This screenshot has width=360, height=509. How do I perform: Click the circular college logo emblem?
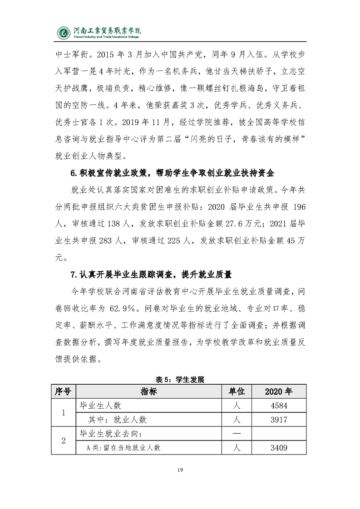[64, 33]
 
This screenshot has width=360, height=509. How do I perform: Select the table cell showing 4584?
[279, 406]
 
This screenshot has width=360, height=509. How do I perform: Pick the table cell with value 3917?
[279, 420]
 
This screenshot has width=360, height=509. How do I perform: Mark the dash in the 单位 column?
[236, 434]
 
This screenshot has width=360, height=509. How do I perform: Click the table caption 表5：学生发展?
[180, 380]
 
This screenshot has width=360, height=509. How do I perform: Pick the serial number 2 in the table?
[63, 440]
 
